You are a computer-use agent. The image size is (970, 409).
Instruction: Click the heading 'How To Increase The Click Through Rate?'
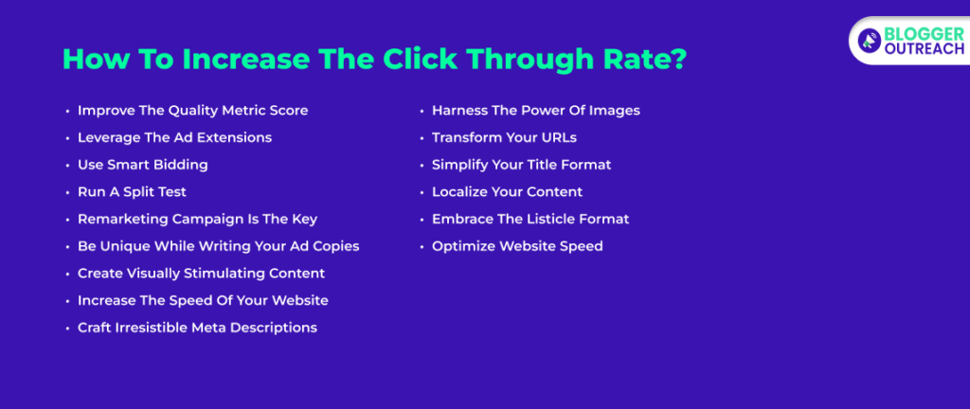(x=374, y=60)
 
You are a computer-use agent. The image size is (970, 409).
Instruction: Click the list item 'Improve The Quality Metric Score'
(x=192, y=111)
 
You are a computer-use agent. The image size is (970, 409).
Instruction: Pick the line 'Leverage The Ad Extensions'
(x=174, y=138)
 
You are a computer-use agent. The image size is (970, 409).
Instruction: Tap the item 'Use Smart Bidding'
(x=142, y=165)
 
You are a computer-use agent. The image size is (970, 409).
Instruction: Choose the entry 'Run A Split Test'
(x=132, y=192)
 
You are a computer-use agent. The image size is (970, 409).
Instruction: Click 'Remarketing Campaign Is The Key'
(x=197, y=220)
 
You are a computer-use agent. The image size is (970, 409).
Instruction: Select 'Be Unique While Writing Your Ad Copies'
(x=218, y=246)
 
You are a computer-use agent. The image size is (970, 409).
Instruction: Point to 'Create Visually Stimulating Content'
(x=201, y=274)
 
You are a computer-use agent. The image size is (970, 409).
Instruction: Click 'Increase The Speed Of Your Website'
(x=203, y=301)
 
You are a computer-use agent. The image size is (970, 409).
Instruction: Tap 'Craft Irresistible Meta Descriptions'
(x=197, y=329)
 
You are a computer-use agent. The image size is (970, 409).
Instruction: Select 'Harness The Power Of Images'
(x=535, y=111)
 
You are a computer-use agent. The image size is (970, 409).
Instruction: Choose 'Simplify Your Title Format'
(x=521, y=165)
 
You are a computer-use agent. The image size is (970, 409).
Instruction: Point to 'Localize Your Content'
(x=507, y=192)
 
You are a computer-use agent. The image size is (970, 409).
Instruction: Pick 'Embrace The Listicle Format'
(x=530, y=220)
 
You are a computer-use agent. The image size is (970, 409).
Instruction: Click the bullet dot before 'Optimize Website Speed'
(x=421, y=247)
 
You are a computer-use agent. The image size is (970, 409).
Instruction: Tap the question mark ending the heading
(x=678, y=60)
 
